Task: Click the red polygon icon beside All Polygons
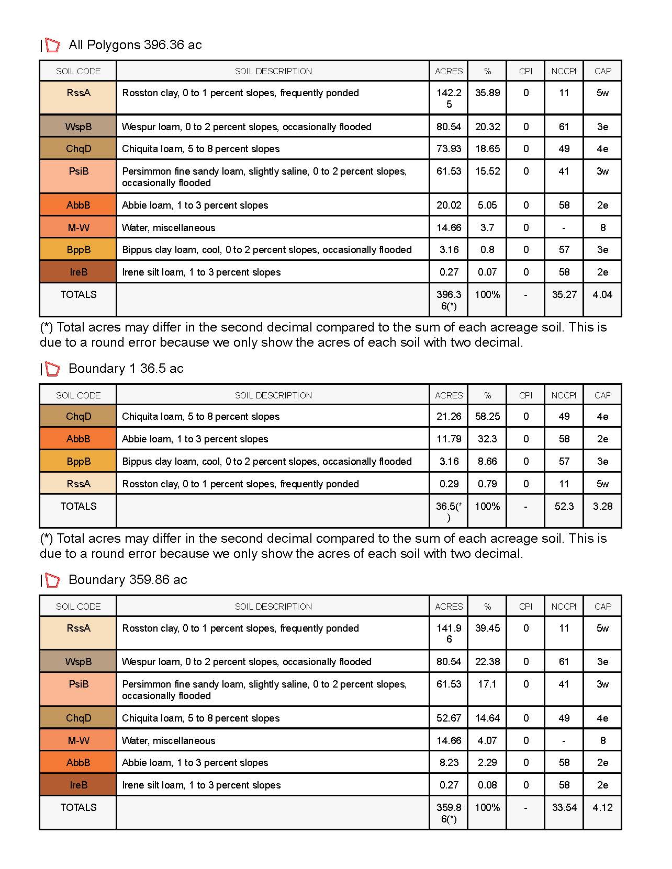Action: click(52, 45)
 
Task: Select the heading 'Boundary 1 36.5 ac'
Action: click(126, 369)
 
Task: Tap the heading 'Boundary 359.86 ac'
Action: click(128, 580)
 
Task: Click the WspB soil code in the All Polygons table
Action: click(78, 127)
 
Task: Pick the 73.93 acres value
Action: click(449, 148)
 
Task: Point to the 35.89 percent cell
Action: click(487, 93)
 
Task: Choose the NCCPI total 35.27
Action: click(564, 294)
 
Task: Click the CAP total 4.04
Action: click(602, 294)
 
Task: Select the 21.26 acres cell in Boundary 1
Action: click(449, 416)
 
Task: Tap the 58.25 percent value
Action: click(487, 416)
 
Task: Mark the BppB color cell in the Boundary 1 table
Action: click(78, 461)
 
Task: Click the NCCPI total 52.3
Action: click(564, 506)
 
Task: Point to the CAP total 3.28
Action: click(602, 506)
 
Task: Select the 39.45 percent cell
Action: click(487, 628)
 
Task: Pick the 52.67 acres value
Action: click(449, 718)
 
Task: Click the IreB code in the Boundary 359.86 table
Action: click(78, 785)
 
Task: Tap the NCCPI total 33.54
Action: click(564, 807)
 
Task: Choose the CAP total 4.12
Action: click(602, 807)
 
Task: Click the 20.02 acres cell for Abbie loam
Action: click(449, 205)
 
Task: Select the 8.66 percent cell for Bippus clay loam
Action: click(487, 461)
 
